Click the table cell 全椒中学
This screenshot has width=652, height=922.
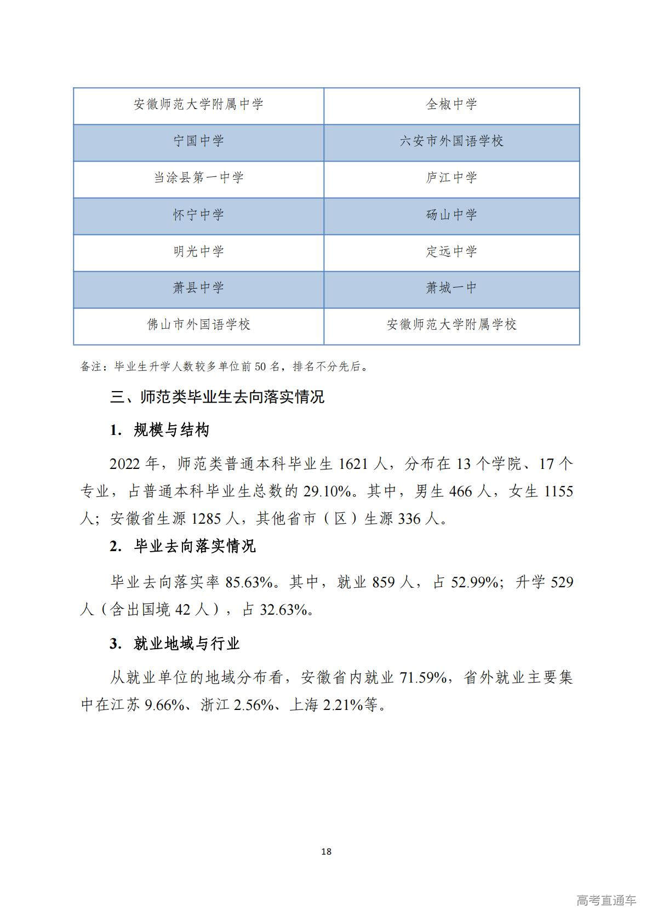point(451,104)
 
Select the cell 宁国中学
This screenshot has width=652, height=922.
point(198,141)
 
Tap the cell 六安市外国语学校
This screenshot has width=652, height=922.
point(451,141)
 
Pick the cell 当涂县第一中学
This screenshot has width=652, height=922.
point(198,177)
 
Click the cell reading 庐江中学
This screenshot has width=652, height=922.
point(451,177)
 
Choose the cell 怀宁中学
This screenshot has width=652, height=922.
point(198,215)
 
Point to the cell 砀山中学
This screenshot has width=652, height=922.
point(451,215)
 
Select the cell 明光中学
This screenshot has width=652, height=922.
point(198,251)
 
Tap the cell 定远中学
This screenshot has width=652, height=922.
point(451,251)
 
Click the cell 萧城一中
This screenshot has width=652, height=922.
point(451,288)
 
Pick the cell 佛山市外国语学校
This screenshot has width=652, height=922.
point(198,324)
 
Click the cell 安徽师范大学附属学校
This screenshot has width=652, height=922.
point(451,324)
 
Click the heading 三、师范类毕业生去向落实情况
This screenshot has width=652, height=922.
point(218,397)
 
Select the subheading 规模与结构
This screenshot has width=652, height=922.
point(171,430)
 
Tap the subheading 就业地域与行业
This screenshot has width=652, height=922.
point(186,643)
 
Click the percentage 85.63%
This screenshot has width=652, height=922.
point(250,582)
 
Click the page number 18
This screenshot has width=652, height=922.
point(327,851)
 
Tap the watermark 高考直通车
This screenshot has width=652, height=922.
point(606,900)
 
